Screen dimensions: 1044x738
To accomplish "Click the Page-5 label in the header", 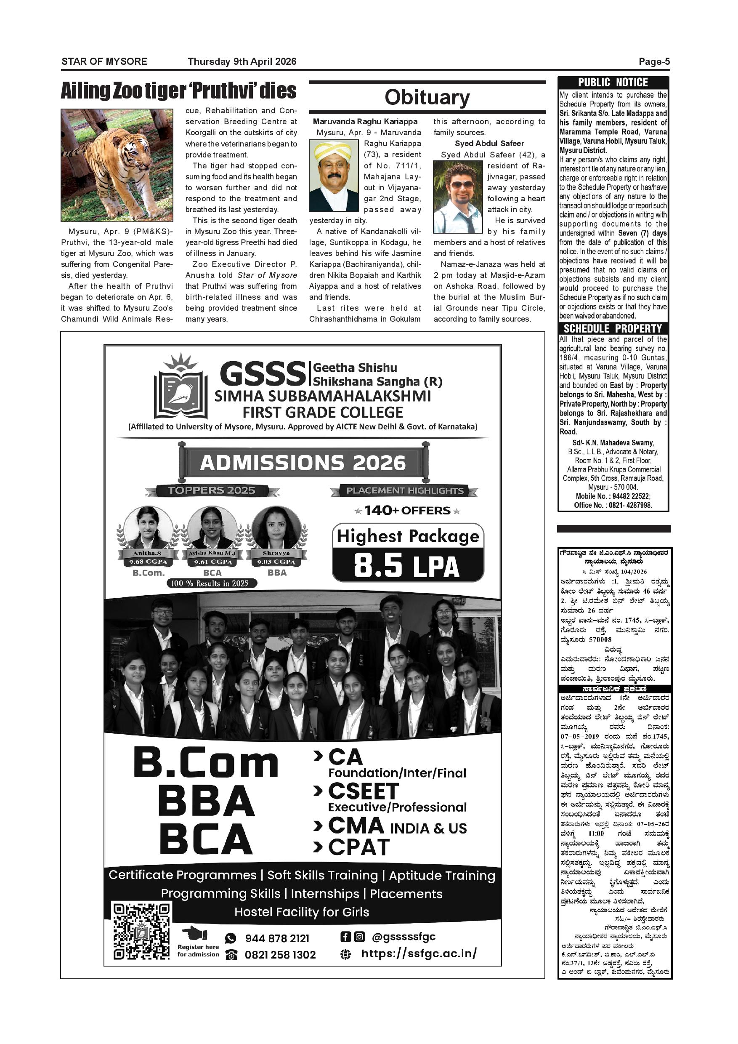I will click(654, 62).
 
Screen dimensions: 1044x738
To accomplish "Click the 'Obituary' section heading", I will click(427, 97).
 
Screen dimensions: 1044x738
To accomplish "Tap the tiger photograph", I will click(117, 165).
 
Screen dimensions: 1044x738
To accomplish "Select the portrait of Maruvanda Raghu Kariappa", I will click(334, 176).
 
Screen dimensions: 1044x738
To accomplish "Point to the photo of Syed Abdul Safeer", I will click(458, 197).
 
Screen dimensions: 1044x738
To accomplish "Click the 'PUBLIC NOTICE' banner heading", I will click(613, 83).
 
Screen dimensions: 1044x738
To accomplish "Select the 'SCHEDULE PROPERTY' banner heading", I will click(613, 328).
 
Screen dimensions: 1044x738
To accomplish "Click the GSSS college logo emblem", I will click(181, 387).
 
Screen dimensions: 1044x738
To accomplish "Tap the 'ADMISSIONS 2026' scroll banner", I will click(303, 463).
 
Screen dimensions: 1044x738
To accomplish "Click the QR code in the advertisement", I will click(142, 931).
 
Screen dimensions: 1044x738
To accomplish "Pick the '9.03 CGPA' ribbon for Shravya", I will click(276, 562).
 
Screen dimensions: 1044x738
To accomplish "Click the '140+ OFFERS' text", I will click(407, 511).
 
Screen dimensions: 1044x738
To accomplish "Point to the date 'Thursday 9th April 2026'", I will click(242, 62).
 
